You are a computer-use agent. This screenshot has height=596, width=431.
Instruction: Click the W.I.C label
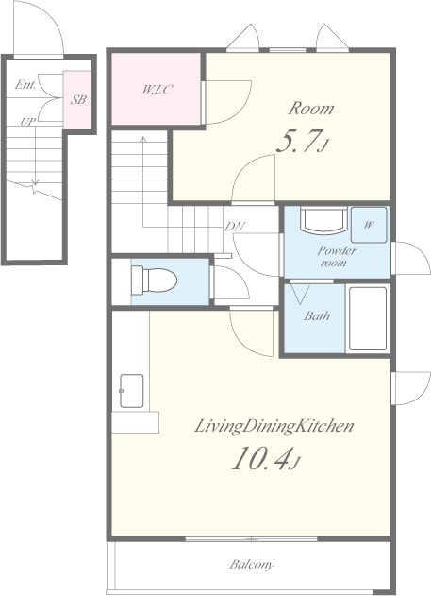tap(157, 90)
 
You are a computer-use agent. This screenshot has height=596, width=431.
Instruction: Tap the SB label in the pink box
tap(77, 100)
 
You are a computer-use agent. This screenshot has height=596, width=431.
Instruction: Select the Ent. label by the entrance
tap(25, 84)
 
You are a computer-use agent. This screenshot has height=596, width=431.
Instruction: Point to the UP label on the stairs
tap(28, 122)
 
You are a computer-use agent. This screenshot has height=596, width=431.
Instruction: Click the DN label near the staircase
tap(235, 227)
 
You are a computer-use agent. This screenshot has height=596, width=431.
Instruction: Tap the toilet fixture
tap(155, 281)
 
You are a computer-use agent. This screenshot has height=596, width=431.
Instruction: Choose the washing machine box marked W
tap(369, 225)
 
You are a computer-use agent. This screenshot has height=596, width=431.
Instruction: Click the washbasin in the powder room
tap(323, 219)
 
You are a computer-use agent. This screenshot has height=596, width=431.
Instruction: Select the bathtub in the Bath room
tap(368, 318)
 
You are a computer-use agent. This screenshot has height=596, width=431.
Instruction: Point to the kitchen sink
tap(132, 391)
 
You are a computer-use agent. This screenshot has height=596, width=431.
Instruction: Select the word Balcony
tap(252, 565)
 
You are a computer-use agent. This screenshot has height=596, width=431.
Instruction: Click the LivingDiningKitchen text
tap(274, 426)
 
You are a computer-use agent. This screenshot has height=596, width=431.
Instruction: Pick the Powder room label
tap(336, 257)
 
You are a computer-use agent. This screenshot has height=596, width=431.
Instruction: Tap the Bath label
tap(317, 315)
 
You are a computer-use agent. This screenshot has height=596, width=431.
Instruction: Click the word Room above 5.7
tap(311, 109)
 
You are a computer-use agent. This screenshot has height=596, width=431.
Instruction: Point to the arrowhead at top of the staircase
tap(143, 139)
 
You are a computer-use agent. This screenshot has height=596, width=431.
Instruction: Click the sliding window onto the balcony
tap(251, 539)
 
